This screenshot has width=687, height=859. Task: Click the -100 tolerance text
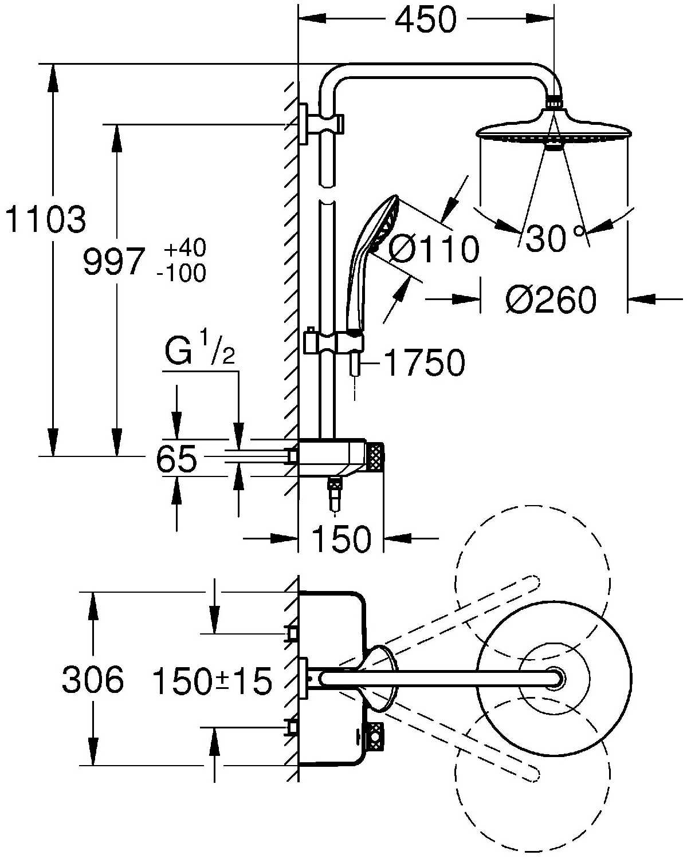coord(181,273)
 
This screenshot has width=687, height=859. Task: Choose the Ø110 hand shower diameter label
coord(434,249)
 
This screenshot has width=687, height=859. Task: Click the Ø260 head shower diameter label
coord(551,300)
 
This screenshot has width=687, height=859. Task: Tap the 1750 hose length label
coord(423,363)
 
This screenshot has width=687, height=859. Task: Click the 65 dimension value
coord(176,458)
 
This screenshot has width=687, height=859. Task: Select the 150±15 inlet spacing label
coord(211,681)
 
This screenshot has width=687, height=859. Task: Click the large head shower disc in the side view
coord(553,131)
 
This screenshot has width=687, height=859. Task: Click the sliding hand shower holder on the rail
coord(335,342)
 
